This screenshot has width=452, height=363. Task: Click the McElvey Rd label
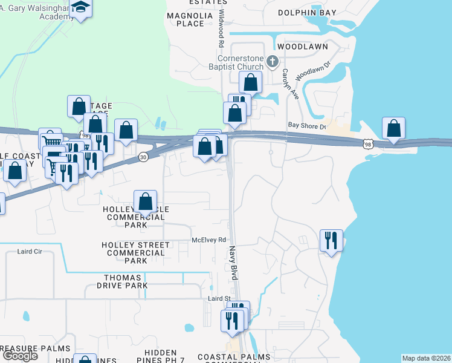click(x=208, y=240)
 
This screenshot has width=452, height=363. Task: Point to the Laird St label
click(x=220, y=298)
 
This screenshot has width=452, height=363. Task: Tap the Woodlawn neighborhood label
click(x=302, y=47)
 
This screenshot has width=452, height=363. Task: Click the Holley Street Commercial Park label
click(x=136, y=253)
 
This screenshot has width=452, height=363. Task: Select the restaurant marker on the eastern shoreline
click(x=331, y=241)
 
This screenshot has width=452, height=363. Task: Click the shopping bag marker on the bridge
click(x=393, y=128)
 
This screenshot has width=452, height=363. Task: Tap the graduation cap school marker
click(x=79, y=7)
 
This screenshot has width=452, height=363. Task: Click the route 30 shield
click(x=143, y=157)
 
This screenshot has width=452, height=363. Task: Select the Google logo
click(x=20, y=356)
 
